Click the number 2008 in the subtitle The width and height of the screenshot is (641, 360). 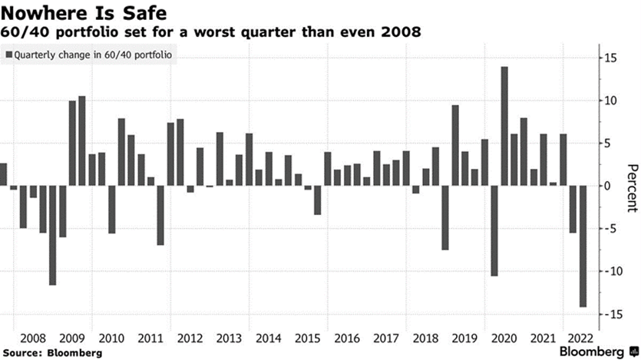[403, 32]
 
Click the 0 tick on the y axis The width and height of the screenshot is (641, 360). [606, 186]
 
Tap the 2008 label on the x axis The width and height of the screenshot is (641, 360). [33, 338]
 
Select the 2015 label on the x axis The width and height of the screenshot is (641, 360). [307, 338]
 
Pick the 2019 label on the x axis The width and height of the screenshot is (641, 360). [464, 338]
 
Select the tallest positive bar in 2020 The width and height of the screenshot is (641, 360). [504, 126]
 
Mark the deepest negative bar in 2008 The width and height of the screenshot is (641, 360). [52, 235]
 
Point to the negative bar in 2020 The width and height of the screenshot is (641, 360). [494, 230]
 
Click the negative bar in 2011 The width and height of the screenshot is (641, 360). [160, 215]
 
